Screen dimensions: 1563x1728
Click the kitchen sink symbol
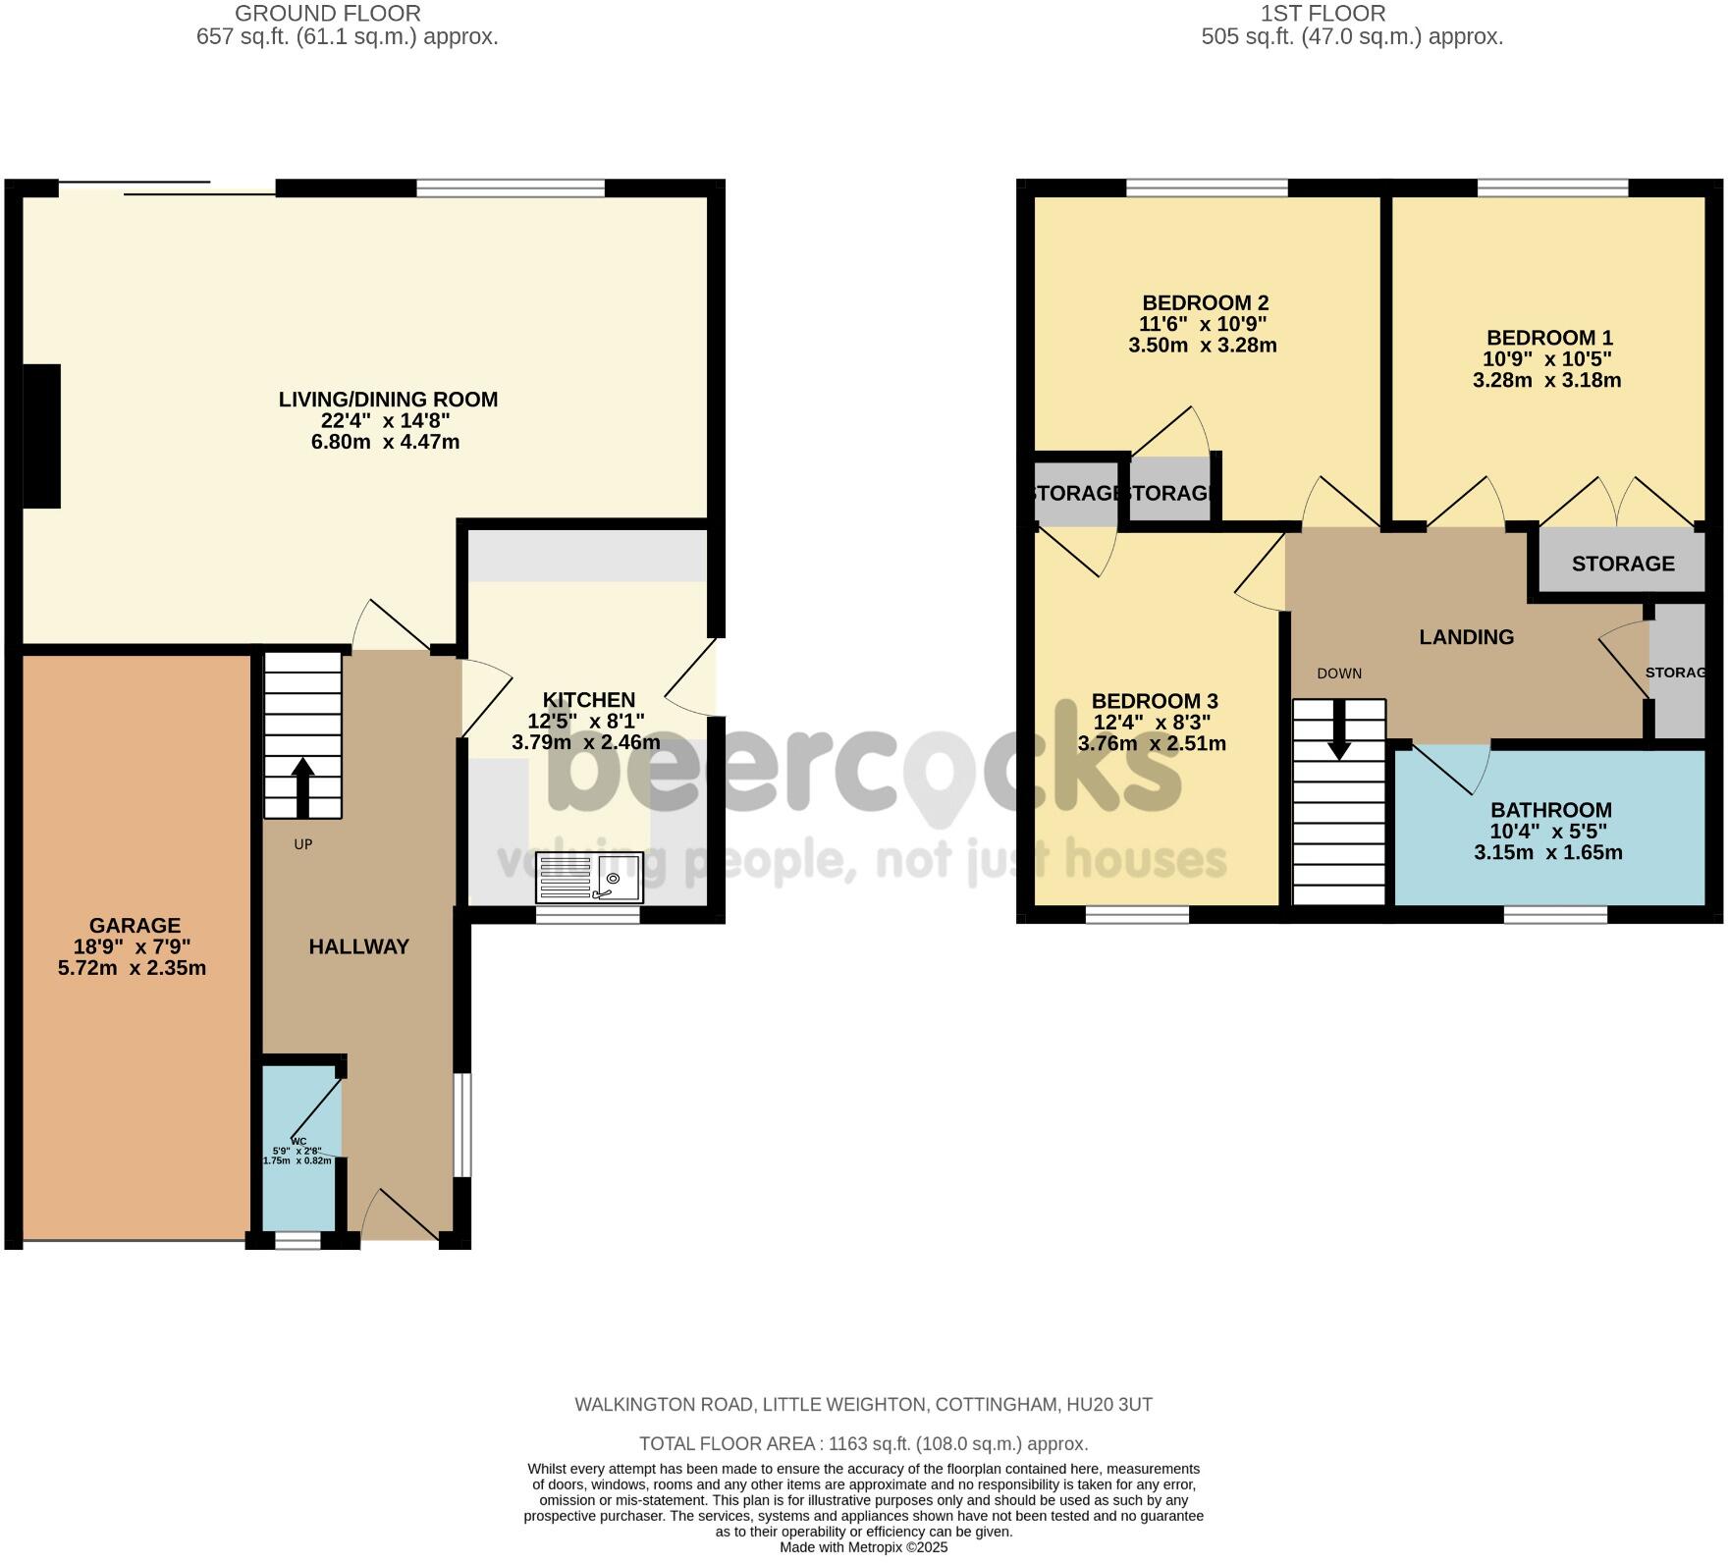588,877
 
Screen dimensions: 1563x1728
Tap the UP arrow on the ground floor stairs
302,786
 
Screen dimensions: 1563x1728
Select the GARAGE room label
135,926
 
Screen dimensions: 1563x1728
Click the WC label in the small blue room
298,1141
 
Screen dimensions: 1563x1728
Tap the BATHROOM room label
1550,810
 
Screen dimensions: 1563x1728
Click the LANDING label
1466,637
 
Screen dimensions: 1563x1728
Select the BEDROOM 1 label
1548,338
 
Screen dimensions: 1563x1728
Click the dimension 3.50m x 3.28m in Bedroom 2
1202,346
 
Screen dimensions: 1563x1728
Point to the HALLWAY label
358,946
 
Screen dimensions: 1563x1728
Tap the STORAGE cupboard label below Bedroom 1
1622,564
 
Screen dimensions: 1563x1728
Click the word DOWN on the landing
1339,674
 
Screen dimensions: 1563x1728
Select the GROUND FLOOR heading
328,14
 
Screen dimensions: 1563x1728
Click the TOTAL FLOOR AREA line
863,1444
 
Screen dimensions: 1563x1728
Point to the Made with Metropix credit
863,1547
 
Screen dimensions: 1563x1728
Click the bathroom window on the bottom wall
1555,915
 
